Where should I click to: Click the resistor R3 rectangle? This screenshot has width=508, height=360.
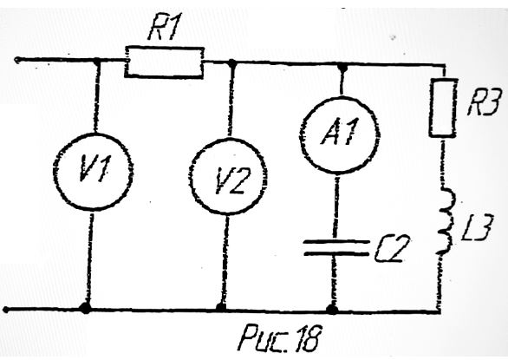(x=443, y=108)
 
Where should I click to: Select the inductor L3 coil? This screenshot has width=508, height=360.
(x=447, y=221)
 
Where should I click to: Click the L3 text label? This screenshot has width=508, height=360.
(x=477, y=227)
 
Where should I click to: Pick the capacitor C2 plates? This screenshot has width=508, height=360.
(x=336, y=248)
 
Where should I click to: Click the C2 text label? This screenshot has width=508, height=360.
(x=392, y=248)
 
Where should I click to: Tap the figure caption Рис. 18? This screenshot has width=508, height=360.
(x=281, y=337)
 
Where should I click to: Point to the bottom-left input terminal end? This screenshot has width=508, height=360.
(x=6, y=310)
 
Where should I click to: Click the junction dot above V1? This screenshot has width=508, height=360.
(x=97, y=61)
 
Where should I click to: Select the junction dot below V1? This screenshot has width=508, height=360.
(x=86, y=308)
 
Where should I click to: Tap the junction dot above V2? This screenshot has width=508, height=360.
(x=231, y=62)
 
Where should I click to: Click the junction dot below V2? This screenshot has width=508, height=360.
(x=221, y=307)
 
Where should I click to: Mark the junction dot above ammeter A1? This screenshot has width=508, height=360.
(x=342, y=67)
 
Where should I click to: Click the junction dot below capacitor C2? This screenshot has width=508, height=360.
(x=332, y=309)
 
